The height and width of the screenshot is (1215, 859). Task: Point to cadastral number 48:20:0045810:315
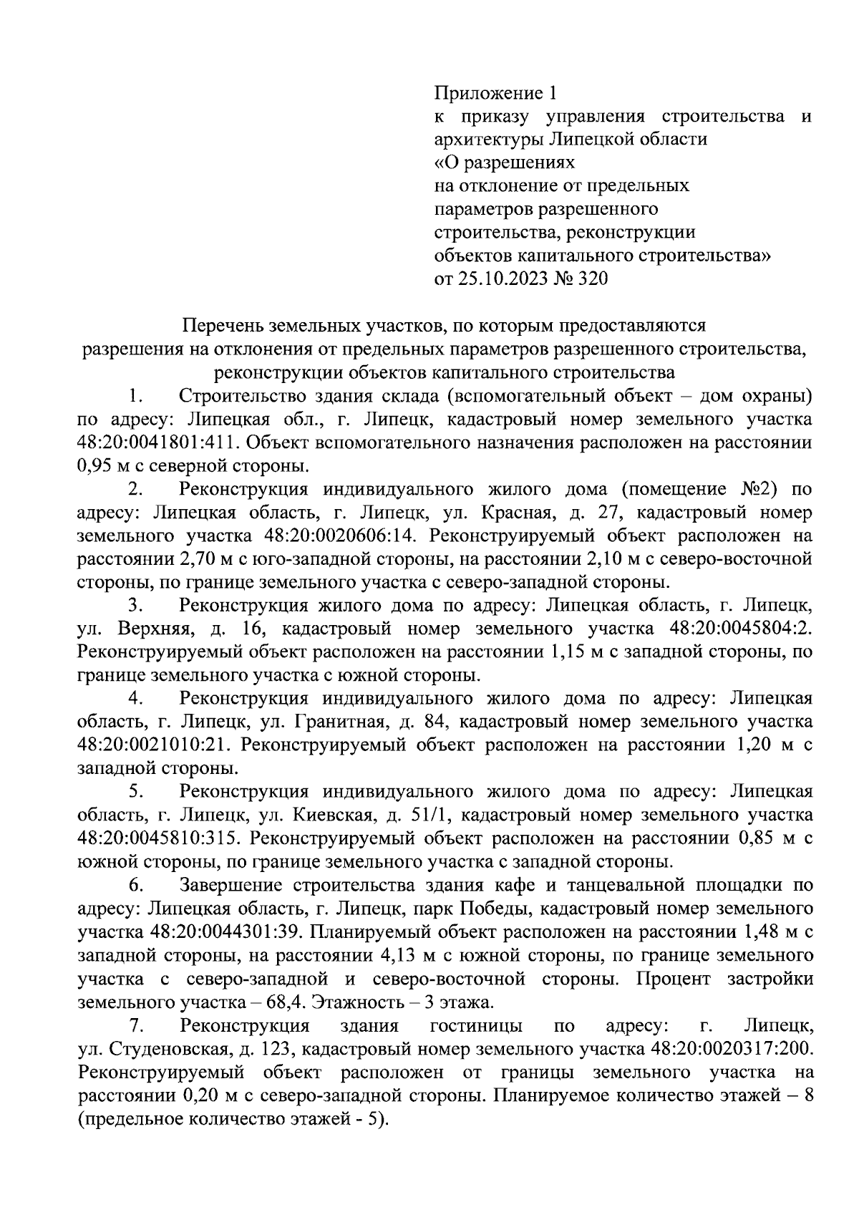pyautogui.click(x=158, y=838)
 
